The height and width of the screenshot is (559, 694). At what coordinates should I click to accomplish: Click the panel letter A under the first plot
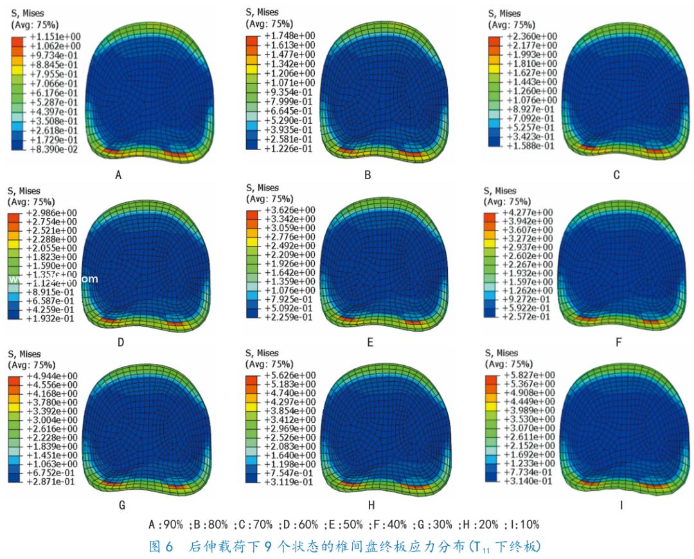tap(118, 174)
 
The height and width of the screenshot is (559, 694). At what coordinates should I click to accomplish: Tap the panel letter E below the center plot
tap(370, 343)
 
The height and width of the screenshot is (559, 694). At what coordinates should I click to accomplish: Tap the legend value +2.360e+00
tap(531, 36)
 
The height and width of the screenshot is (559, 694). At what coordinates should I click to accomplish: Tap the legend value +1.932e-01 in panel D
tap(53, 318)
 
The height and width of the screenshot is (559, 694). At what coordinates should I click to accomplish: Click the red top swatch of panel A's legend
tap(17, 40)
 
